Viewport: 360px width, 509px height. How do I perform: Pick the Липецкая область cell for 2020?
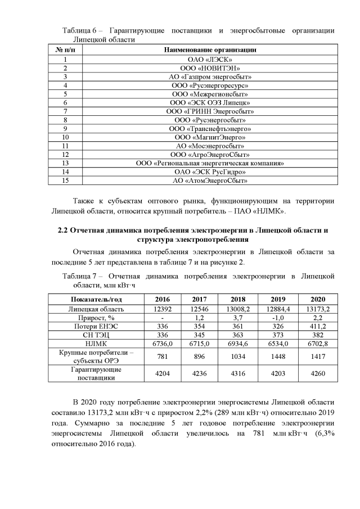pos(317,309)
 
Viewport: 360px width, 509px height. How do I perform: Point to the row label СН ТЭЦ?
pos(91,335)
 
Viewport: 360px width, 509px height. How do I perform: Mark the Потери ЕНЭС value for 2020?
pos(317,327)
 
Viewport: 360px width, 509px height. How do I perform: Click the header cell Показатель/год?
pos(91,299)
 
